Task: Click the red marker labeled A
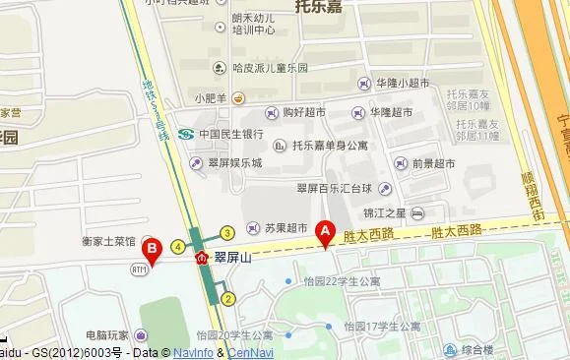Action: (326, 232)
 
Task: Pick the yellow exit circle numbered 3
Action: (226, 233)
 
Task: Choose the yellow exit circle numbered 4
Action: (178, 246)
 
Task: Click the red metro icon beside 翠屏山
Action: (203, 257)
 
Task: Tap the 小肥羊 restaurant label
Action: (211, 97)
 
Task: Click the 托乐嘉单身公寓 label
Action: (330, 146)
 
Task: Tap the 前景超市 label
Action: (433, 164)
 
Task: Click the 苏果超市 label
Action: (286, 227)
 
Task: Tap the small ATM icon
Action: (139, 269)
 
